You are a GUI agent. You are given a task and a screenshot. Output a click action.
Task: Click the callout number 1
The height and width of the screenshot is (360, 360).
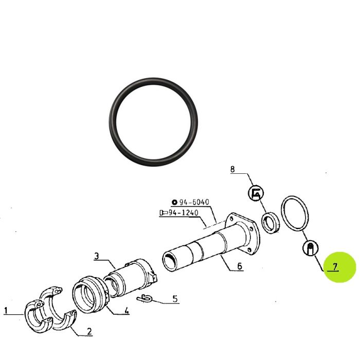6,311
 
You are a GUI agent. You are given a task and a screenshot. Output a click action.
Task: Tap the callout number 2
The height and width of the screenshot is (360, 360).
89,331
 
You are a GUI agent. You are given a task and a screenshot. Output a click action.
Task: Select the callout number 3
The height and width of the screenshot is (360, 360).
97,256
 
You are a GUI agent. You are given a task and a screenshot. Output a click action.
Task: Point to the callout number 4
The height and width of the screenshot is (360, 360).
127,310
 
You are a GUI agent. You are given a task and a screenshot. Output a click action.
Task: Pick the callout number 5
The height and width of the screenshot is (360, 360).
175,299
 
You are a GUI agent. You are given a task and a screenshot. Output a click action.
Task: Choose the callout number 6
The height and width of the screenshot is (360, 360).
240,266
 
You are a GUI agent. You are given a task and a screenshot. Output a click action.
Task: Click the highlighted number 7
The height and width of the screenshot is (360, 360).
335,267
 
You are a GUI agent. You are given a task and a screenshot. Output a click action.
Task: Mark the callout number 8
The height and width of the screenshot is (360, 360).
232,169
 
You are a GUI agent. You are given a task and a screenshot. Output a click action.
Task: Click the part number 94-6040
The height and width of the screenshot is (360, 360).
194,202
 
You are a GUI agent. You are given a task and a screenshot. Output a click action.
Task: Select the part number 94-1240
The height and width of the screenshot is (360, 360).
184,212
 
